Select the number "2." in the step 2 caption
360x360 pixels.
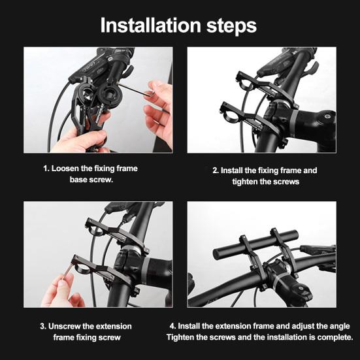click(216, 170)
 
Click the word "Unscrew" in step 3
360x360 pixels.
click(73, 326)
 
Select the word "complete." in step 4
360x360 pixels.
click(333, 337)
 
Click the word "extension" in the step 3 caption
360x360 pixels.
click(111, 326)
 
